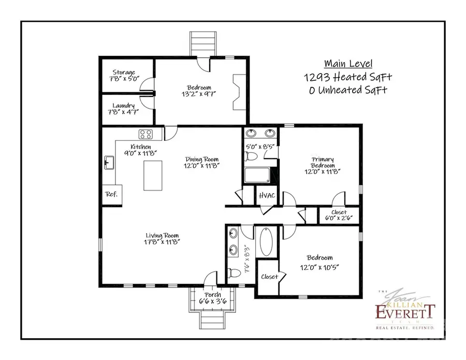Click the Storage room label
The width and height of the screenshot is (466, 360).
pyautogui.click(x=124, y=73)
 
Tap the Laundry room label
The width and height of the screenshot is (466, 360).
pyautogui.click(x=124, y=106)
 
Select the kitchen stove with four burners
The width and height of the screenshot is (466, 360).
pyautogui.click(x=146, y=135)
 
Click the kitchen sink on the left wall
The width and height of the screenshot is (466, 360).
pyautogui.click(x=109, y=163)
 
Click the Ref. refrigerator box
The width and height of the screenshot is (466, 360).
pyautogui.click(x=111, y=194)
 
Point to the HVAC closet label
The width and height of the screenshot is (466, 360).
pyautogui.click(x=267, y=196)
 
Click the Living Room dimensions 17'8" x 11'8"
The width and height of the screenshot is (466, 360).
pyautogui.click(x=162, y=241)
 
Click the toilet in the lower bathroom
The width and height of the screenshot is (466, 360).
pyautogui.click(x=235, y=273)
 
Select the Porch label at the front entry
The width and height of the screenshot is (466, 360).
pyautogui.click(x=213, y=295)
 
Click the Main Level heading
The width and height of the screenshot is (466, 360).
pyautogui.click(x=347, y=64)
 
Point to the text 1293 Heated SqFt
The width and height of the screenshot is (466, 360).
pyautogui.click(x=347, y=77)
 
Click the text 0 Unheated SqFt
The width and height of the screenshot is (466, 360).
pyautogui.click(x=347, y=90)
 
